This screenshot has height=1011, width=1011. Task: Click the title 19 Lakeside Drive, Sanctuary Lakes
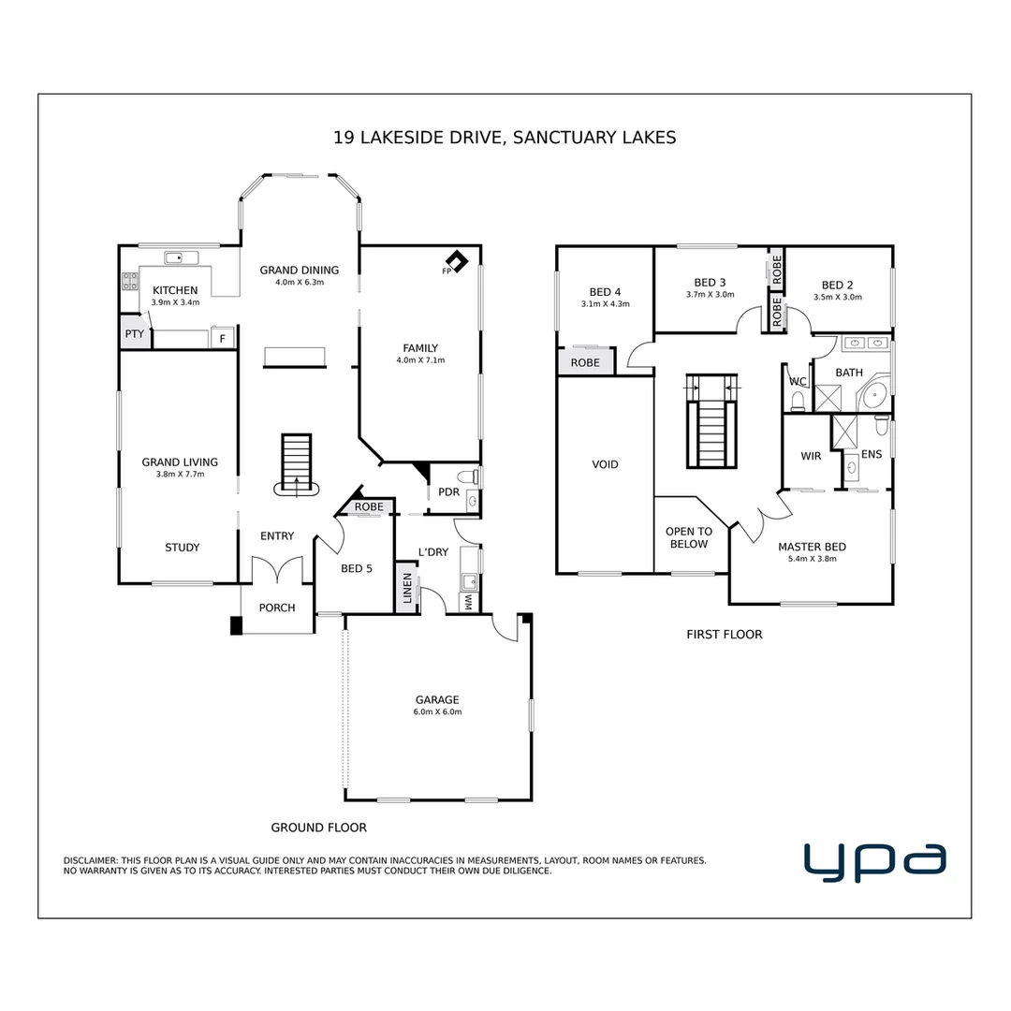tap(505, 138)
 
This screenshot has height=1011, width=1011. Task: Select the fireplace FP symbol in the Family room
tap(456, 261)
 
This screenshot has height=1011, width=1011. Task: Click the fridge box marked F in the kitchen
tap(222, 339)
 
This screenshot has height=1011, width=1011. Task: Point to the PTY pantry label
tap(134, 333)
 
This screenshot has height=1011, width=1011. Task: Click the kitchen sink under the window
tap(175, 257)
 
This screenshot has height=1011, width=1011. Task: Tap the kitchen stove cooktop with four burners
tap(130, 282)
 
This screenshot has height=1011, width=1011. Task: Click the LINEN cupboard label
tap(406, 587)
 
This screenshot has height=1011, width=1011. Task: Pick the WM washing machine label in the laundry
tap(468, 603)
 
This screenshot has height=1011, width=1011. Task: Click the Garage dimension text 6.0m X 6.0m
tap(438, 712)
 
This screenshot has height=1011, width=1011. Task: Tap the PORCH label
tap(277, 608)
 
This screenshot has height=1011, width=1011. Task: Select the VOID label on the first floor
tap(605, 464)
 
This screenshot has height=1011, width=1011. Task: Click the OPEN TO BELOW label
tap(689, 537)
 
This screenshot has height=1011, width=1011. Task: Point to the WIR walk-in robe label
tap(811, 456)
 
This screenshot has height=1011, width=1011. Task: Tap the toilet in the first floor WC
tap(798, 402)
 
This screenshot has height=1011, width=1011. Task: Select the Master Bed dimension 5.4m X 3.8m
tap(812, 559)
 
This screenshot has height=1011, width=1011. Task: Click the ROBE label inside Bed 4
tap(585, 362)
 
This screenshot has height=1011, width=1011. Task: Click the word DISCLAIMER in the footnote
tap(90, 860)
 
